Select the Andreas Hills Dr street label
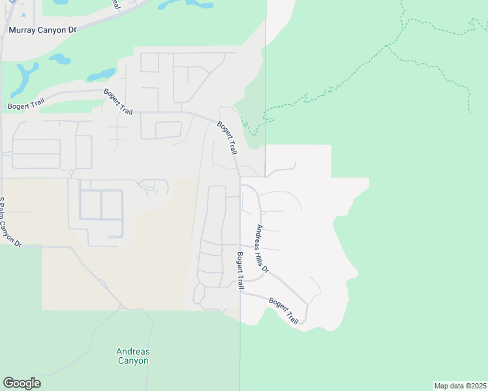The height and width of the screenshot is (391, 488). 262,249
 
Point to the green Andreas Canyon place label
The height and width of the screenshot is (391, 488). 133,356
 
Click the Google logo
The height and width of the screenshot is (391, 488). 22,383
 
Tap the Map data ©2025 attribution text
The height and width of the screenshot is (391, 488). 461,386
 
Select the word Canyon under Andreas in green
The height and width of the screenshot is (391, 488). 133,360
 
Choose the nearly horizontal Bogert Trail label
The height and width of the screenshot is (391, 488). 27,105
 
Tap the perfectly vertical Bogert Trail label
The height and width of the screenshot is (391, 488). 240,270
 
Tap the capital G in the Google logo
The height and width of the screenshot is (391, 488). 8,383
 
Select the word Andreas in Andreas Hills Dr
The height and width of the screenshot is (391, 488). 259,235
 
